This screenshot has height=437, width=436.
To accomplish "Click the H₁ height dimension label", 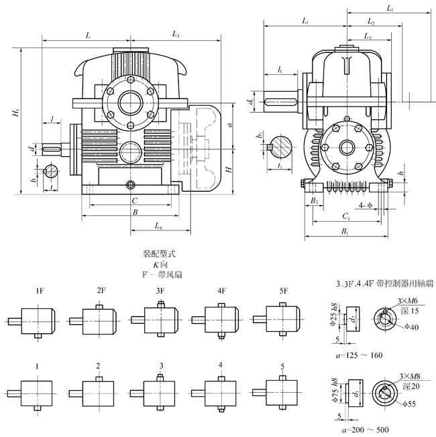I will click(x=15, y=115).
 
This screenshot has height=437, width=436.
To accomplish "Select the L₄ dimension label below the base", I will click(x=158, y=227).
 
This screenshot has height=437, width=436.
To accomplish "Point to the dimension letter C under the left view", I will click(x=134, y=200).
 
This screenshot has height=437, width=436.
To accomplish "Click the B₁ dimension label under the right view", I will click(x=344, y=232).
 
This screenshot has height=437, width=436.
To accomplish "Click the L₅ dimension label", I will click(x=367, y=35).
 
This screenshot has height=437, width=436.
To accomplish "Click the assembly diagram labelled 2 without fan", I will click(x=98, y=389).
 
